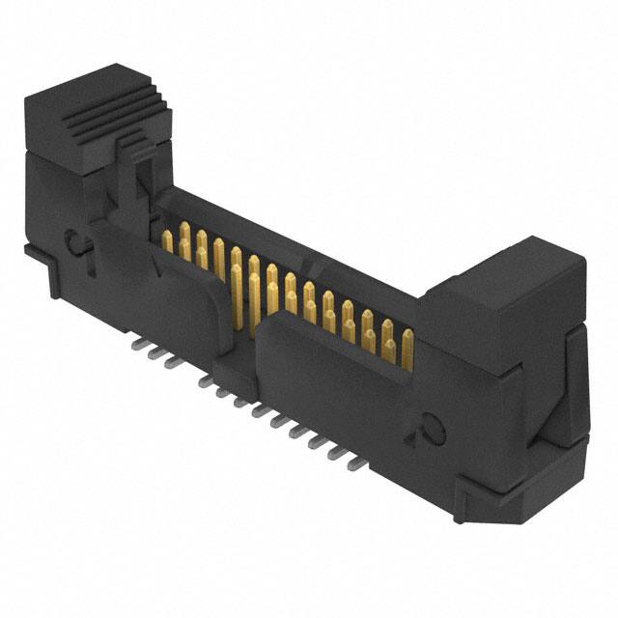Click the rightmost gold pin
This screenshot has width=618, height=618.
(x=407, y=348)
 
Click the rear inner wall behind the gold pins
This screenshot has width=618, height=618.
(x=290, y=241)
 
